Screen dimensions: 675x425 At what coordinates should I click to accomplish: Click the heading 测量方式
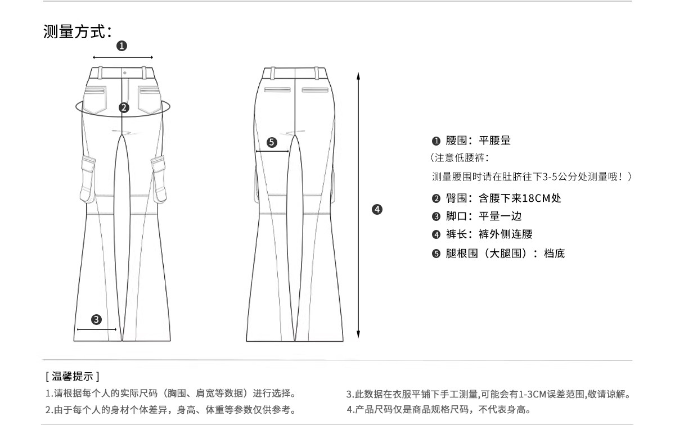[x=74, y=31]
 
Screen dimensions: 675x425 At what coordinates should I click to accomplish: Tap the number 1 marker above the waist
[x=121, y=46]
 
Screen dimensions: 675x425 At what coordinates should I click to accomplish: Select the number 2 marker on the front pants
[x=124, y=107]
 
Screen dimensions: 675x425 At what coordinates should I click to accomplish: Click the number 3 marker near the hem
[x=96, y=319]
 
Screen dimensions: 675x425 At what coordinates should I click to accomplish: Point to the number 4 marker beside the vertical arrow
[x=377, y=209]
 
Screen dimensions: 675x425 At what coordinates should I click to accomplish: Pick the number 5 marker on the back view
[x=272, y=142]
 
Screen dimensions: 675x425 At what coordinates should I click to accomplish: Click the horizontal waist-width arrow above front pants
[x=123, y=57]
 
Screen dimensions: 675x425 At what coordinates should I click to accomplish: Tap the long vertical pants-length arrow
[x=358, y=205]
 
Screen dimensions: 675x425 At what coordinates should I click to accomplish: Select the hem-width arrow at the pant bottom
[x=97, y=329]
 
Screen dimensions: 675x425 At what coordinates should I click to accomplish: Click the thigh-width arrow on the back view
[x=272, y=151]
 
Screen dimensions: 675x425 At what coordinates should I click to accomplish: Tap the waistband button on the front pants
[x=125, y=73]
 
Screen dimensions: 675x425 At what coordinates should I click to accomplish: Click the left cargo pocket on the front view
[x=88, y=180]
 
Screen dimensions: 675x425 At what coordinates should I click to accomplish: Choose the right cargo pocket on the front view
[x=159, y=180]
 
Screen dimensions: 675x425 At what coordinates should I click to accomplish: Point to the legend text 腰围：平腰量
[x=478, y=141]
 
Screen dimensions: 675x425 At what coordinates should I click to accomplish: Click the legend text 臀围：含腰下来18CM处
[x=503, y=198]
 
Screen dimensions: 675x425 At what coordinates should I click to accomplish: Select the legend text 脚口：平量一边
[x=484, y=216]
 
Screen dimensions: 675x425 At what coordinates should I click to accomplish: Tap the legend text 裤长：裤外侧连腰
[x=489, y=234]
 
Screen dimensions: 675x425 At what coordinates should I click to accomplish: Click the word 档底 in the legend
[x=554, y=254]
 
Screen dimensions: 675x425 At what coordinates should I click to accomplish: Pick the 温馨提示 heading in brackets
[x=73, y=376]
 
